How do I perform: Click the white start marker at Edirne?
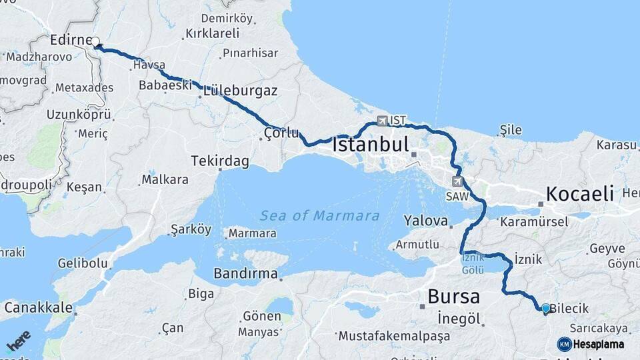pos(96,42)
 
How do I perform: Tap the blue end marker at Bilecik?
pos(546,308)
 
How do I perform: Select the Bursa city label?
pos(453,295)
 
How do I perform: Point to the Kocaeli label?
pos(579,194)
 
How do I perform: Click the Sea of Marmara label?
pos(319,216)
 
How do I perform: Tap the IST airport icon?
pos(381,121)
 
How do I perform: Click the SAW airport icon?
pos(457,181)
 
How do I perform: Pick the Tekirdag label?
pos(219,161)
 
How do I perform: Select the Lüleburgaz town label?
pos(240,90)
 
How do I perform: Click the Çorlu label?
pos(281,133)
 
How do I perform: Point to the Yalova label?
pos(425,220)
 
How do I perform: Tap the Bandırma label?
pos(245,273)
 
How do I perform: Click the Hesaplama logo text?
pos(598,344)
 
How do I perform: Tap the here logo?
pos(19,340)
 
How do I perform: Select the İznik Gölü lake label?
pos(473,265)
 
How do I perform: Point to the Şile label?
pos(511,130)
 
